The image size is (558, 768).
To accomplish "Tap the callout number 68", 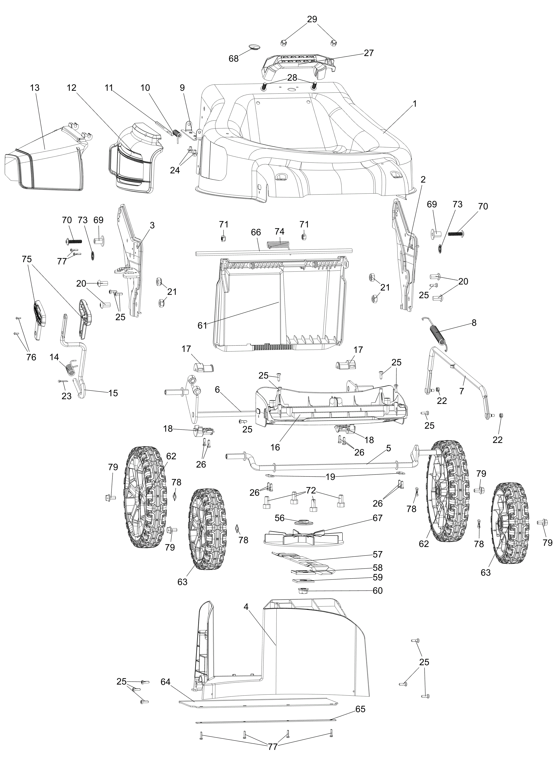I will tap(234, 59).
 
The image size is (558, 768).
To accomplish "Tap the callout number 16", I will tap(276, 447).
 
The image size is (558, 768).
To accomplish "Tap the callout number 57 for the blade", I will tap(377, 554).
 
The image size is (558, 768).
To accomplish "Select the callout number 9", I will tap(182, 88).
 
